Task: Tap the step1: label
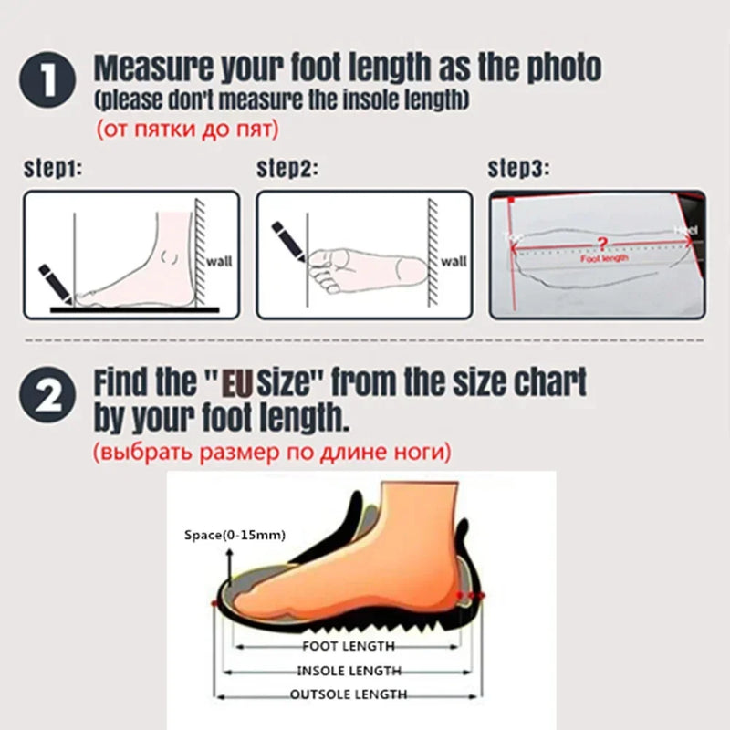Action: click(53, 169)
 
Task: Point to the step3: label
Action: click(519, 169)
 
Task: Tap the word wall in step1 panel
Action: click(219, 261)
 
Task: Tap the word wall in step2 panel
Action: click(454, 261)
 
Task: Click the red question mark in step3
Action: click(600, 243)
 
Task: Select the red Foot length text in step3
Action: click(604, 258)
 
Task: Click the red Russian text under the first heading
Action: click(186, 130)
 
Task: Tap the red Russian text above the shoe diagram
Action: click(271, 452)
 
